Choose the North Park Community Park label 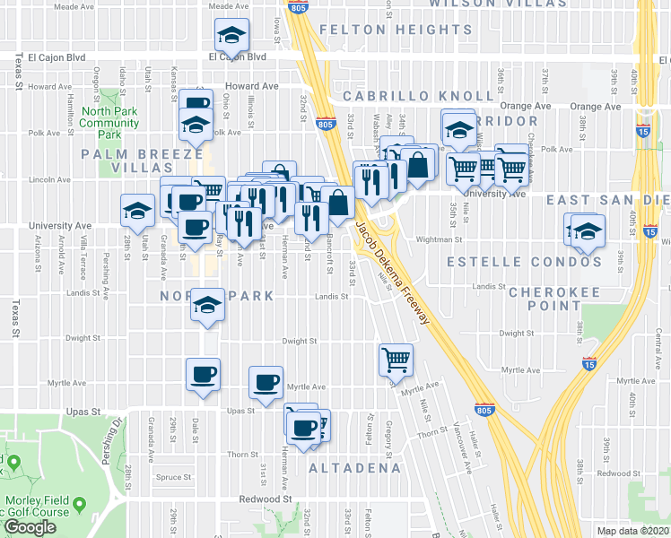pyautogui.click(x=109, y=123)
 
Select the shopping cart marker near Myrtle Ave pyautogui.click(x=396, y=360)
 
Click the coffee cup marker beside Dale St pyautogui.click(x=203, y=373)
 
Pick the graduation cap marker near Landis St pyautogui.click(x=207, y=305)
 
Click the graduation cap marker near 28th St pyautogui.click(x=137, y=211)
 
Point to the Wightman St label pyautogui.click(x=440, y=239)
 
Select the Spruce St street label pyautogui.click(x=147, y=477)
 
